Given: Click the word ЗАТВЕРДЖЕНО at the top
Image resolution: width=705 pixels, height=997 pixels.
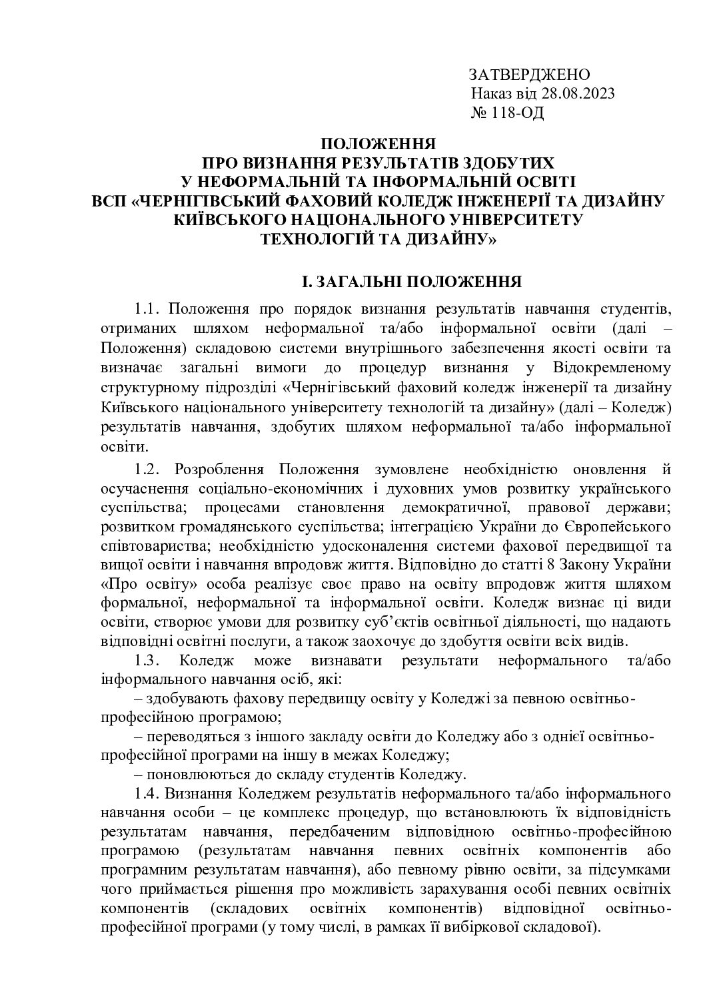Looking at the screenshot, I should (530, 74).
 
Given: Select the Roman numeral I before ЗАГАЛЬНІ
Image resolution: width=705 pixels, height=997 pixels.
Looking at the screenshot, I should (305, 282).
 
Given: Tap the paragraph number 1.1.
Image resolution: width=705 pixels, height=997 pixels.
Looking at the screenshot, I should (148, 310).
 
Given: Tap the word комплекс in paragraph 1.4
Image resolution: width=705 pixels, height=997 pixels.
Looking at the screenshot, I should (309, 813).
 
